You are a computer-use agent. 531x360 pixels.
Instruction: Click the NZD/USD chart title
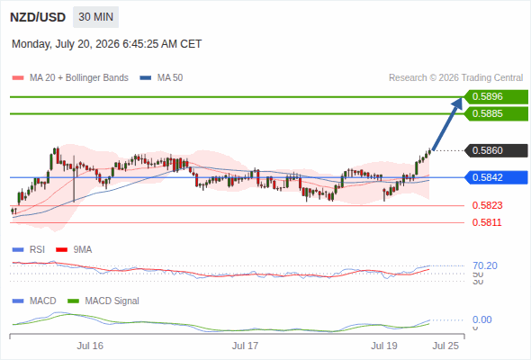(38, 17)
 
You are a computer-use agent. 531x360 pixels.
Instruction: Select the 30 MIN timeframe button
(95, 17)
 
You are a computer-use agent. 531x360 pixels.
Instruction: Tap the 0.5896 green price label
(496, 97)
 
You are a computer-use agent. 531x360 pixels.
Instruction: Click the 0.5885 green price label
(496, 113)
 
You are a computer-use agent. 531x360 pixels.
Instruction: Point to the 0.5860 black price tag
(496, 150)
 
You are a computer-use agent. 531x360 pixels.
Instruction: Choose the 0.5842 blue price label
(496, 177)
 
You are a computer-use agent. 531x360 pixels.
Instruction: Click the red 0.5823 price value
(487, 205)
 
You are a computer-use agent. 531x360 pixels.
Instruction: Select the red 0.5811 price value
(487, 222)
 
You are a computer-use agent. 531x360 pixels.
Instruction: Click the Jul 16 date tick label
(90, 346)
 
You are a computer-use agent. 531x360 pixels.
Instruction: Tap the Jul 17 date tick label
(245, 346)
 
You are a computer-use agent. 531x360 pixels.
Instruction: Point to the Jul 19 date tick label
(384, 346)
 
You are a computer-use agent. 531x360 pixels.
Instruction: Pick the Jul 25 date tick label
(445, 346)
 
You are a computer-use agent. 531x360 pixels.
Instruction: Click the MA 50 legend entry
(161, 78)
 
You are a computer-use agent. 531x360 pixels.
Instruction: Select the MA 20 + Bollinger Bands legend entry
(70, 78)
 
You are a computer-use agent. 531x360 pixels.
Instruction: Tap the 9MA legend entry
(74, 250)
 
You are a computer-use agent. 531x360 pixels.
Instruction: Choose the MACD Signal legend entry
(103, 301)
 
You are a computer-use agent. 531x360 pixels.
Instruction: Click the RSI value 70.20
(485, 265)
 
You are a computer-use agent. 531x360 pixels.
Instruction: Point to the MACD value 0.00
(481, 319)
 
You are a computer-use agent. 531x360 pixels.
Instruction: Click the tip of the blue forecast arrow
(462, 98)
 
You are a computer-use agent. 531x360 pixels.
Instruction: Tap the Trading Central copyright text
(455, 78)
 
